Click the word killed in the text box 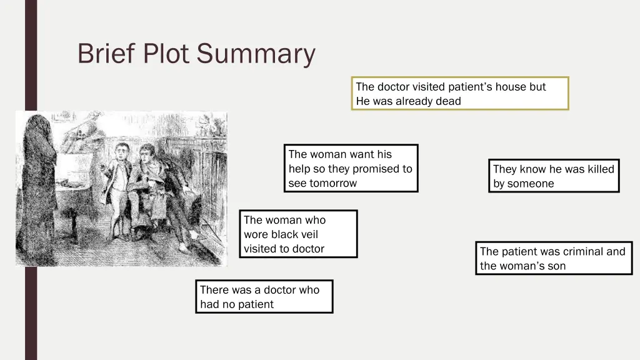point(599,169)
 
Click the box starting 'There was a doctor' point(264,297)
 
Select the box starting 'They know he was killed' point(554,176)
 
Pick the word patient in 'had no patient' point(255,304)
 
